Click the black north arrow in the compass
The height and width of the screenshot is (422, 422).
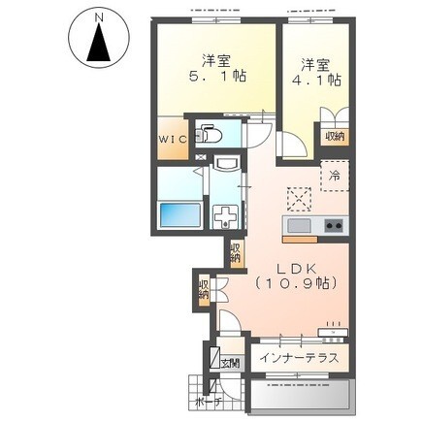coord(99,44)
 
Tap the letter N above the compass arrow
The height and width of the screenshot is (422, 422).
coord(99,16)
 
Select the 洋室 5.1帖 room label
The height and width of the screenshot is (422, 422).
coord(216,69)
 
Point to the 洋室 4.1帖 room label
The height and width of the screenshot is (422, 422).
coord(316,73)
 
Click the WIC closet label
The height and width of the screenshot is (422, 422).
coord(173,140)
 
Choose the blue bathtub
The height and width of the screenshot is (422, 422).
coord(179,215)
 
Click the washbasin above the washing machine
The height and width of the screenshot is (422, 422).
coord(227,164)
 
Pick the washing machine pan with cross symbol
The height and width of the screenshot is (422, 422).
coord(226,217)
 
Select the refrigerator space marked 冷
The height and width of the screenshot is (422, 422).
coord(335,177)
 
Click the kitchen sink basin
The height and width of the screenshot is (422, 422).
coord(299,226)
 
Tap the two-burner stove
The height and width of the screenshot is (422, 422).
coord(334,225)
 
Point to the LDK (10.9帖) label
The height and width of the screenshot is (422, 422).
coord(296,276)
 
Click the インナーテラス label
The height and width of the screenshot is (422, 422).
coord(300,358)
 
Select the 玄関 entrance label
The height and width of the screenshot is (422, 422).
coord(230,364)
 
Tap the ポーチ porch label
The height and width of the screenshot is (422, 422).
coord(209,402)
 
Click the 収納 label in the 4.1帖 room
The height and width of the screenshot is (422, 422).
coord(335,137)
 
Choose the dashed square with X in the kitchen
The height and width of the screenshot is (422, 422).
coord(299,199)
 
